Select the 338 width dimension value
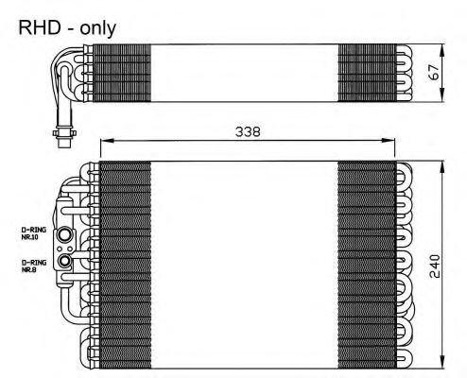tap(248, 131)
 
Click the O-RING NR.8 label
tap(33, 266)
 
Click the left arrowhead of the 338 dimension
tap(106, 141)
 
